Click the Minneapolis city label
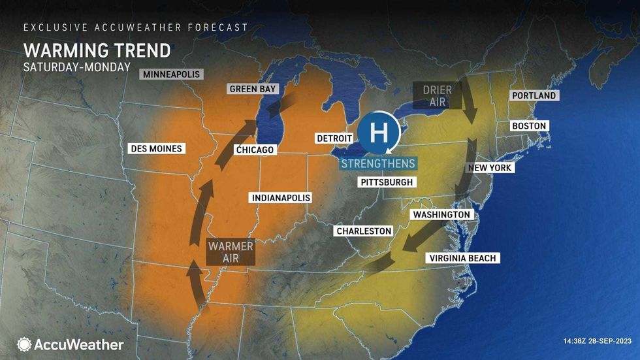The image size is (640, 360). tap(171, 74)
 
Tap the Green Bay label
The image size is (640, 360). tap(252, 89)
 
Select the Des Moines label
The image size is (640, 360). tap(156, 148)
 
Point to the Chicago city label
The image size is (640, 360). tap(255, 150)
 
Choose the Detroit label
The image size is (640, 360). tap(334, 139)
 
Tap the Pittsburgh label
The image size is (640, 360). tap(387, 182)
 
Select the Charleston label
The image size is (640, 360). tap(364, 231)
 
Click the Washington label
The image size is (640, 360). tap(441, 214)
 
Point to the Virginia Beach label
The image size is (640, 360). tap(462, 258)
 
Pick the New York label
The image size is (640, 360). tap(490, 168)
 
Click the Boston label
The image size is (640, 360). tap(529, 125)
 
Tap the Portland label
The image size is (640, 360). tap(534, 95)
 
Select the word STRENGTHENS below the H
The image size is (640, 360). tap(378, 163)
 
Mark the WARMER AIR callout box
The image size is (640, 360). tap(230, 252)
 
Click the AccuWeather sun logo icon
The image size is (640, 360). tap(24, 344)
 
